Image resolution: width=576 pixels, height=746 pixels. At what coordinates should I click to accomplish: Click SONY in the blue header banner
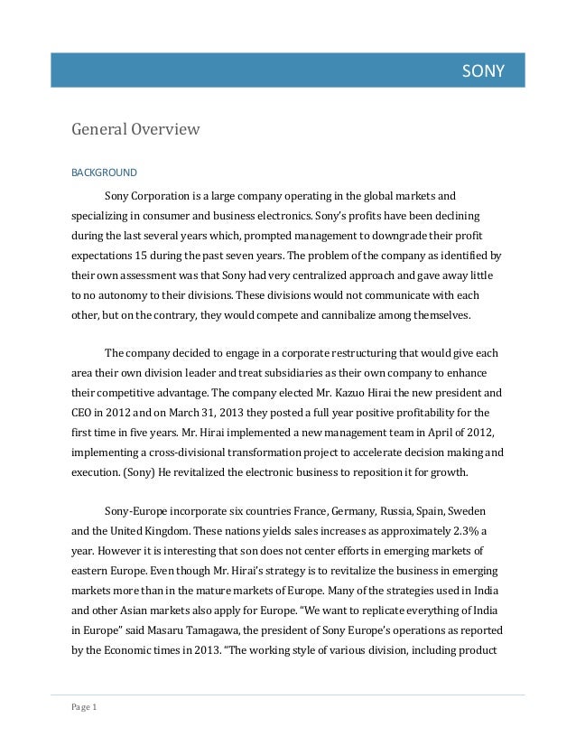tap(483, 70)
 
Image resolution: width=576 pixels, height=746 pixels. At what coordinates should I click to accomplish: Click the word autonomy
tap(136, 294)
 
